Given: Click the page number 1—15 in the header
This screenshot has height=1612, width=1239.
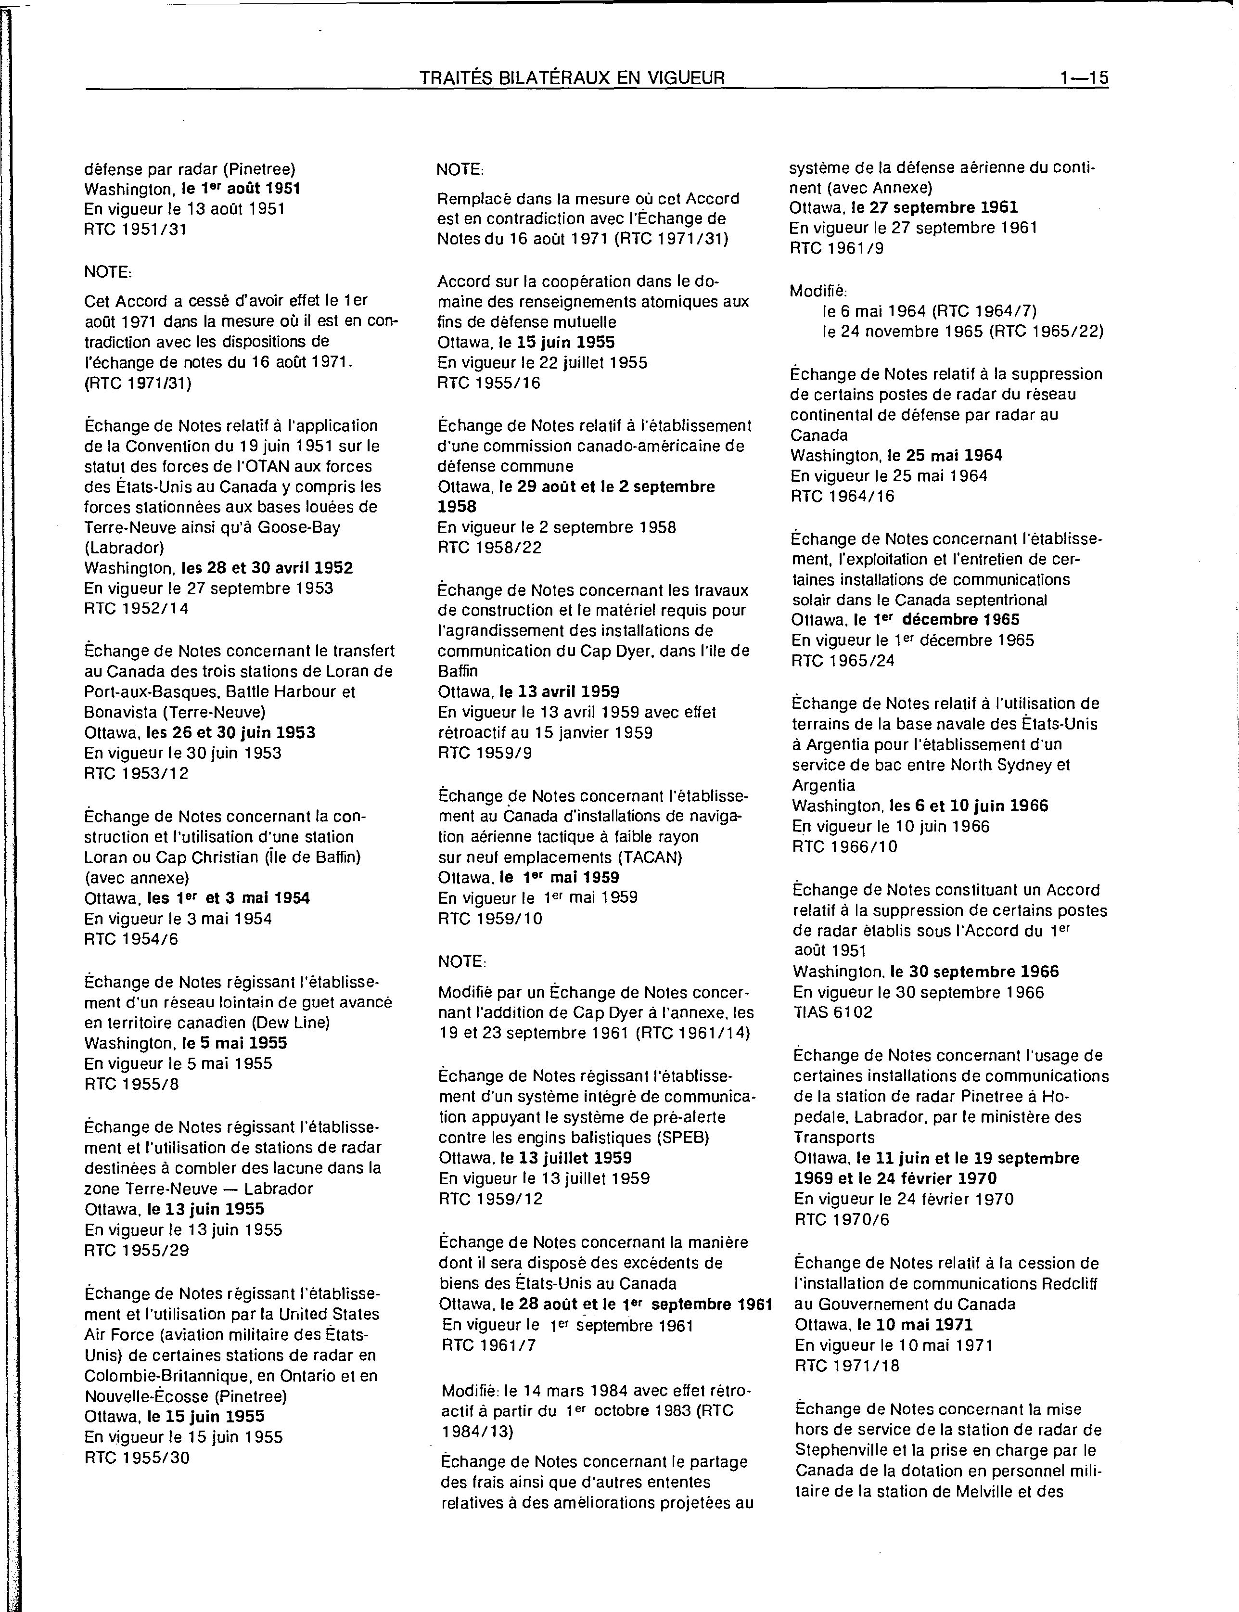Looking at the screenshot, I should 1084,77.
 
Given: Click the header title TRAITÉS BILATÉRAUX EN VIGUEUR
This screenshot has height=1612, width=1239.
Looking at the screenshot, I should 572,77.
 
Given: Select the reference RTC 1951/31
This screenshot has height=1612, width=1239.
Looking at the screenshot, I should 136,230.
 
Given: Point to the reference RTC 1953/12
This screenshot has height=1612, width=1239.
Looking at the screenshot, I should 137,774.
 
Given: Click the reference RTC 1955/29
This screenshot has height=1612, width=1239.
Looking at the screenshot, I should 137,1250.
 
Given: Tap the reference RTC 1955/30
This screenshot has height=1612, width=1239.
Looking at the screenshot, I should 137,1457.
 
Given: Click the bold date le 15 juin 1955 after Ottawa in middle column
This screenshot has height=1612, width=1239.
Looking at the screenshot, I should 557,342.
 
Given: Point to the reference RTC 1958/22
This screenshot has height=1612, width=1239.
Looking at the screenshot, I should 490,547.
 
